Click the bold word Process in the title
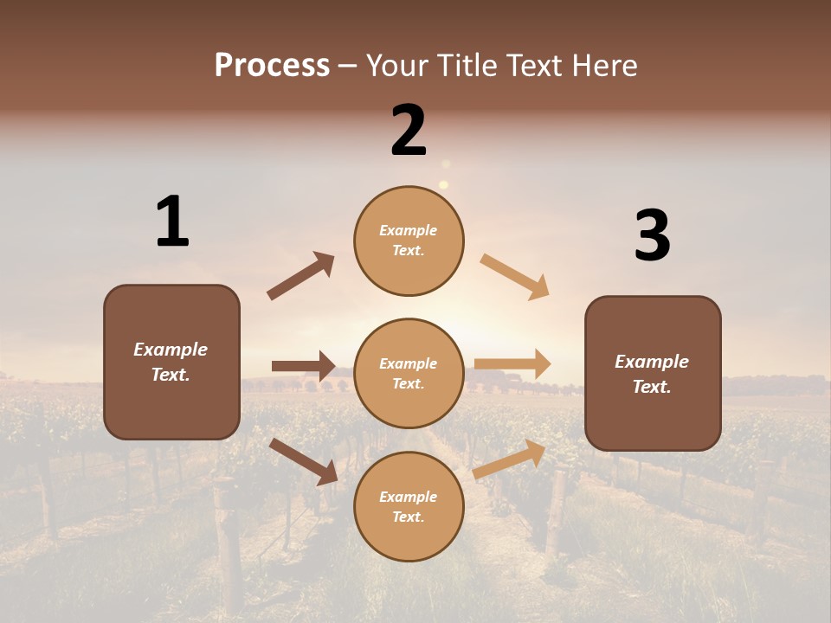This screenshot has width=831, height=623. click(272, 66)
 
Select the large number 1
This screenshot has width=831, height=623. click(172, 222)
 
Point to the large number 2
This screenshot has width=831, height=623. click(409, 131)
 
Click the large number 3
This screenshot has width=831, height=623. click(652, 236)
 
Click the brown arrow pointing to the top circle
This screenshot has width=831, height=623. click(300, 276)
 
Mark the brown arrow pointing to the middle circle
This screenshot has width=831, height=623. click(303, 366)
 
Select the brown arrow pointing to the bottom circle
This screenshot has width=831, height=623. click(303, 461)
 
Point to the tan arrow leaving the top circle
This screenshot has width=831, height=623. click(515, 277)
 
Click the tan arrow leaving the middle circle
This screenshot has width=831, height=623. click(512, 364)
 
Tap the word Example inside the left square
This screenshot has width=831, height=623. click(171, 350)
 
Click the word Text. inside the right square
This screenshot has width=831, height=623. click(652, 387)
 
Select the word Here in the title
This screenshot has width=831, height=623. click(606, 66)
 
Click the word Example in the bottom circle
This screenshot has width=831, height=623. click(409, 497)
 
